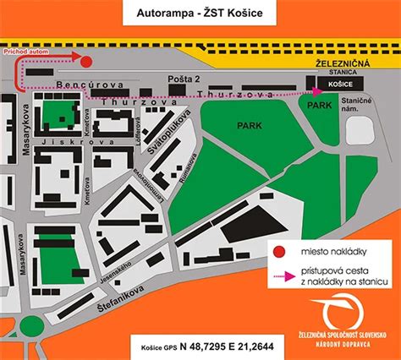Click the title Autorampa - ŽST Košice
point(200,14)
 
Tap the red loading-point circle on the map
point(85,59)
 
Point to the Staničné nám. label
point(359,106)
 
